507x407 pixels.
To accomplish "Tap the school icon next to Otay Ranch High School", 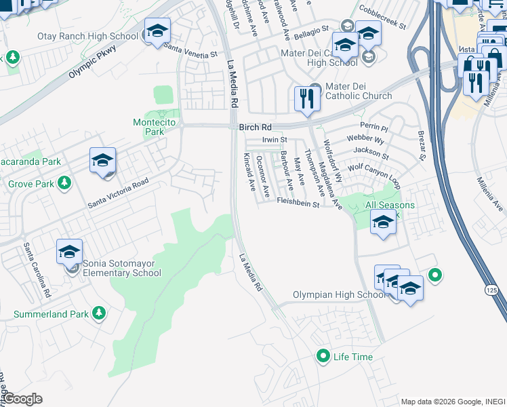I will click(x=157, y=31).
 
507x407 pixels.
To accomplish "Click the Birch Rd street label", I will click(x=255, y=127).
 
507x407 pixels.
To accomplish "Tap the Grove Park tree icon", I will click(x=64, y=182).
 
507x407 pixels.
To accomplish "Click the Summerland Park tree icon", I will click(x=99, y=313).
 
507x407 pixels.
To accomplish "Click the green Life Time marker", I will click(x=323, y=355).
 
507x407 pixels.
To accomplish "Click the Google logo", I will click(x=22, y=400).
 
